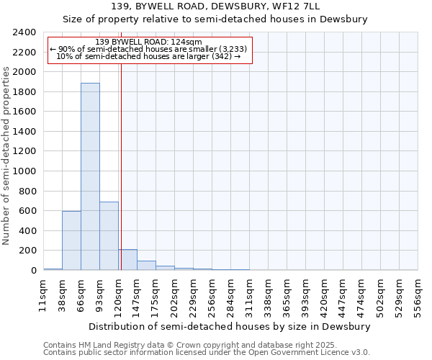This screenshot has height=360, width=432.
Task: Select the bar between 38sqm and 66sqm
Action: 71,240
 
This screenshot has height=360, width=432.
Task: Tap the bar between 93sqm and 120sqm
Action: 109,236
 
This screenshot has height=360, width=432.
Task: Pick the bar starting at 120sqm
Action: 127,260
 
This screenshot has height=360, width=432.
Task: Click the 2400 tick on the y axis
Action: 26,32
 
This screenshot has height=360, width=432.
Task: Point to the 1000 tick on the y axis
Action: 26,171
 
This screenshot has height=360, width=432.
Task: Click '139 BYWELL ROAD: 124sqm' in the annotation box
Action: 148,42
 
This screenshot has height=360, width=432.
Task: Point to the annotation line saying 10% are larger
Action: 148,56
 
